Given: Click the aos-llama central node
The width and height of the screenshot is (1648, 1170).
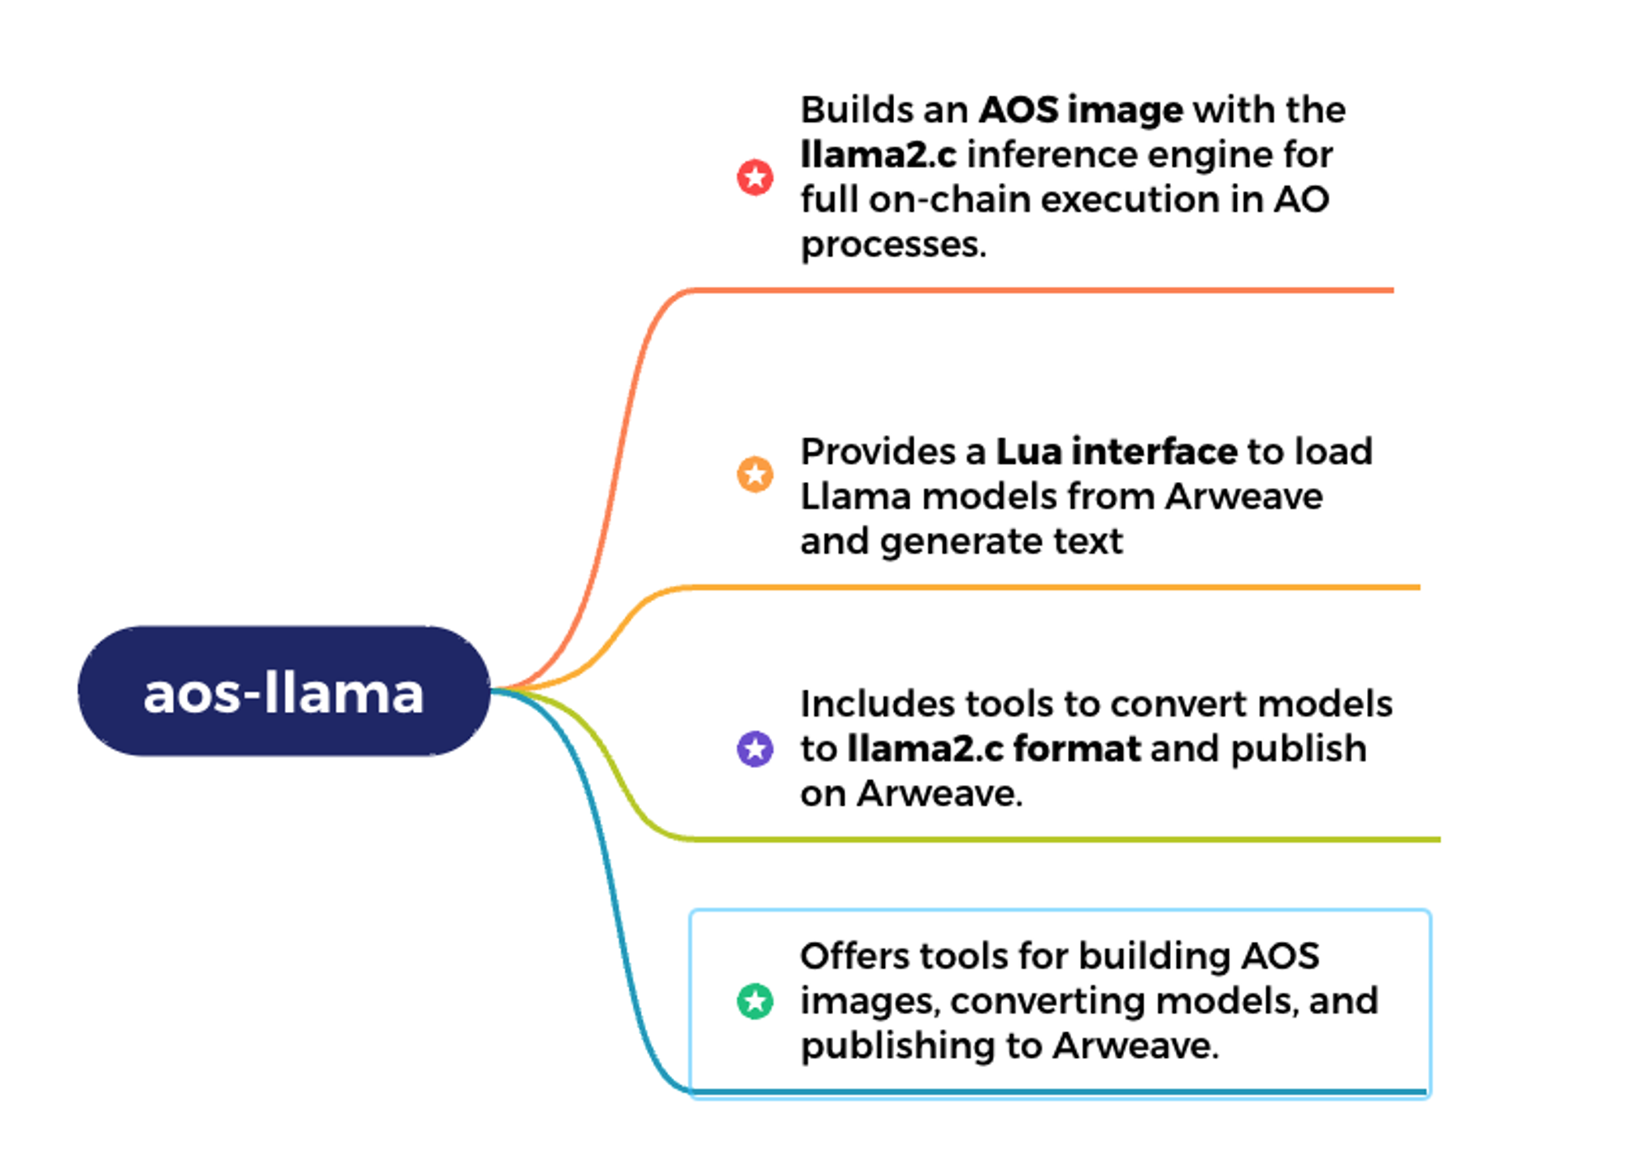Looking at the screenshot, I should click(x=284, y=691).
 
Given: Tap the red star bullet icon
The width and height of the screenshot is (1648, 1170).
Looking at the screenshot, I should click(x=755, y=177).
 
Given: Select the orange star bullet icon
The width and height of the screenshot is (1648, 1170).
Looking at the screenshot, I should click(x=755, y=474).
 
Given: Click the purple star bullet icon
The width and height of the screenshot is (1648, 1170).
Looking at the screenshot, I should click(x=755, y=749).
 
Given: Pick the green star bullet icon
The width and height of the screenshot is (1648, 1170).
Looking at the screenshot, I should click(x=755, y=1001).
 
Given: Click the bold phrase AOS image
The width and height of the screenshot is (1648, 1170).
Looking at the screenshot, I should click(x=1080, y=110).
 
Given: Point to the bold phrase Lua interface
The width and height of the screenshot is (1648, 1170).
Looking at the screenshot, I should click(x=1117, y=452).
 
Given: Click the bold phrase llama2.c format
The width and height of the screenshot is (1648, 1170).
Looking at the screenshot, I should click(x=994, y=749).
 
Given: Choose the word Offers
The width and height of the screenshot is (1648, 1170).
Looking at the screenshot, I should click(x=853, y=957).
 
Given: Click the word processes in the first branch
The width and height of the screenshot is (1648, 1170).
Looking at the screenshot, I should click(x=892, y=245).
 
